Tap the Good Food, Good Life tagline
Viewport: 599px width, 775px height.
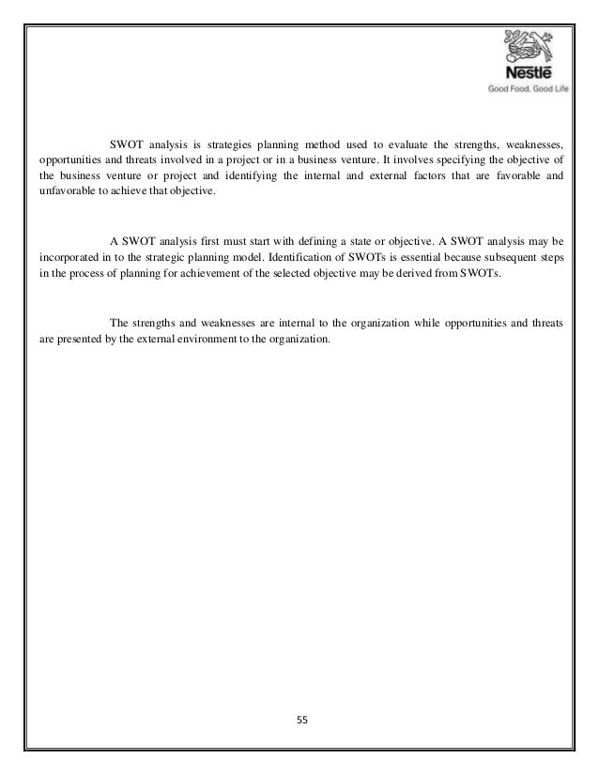pyautogui.click(x=527, y=91)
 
